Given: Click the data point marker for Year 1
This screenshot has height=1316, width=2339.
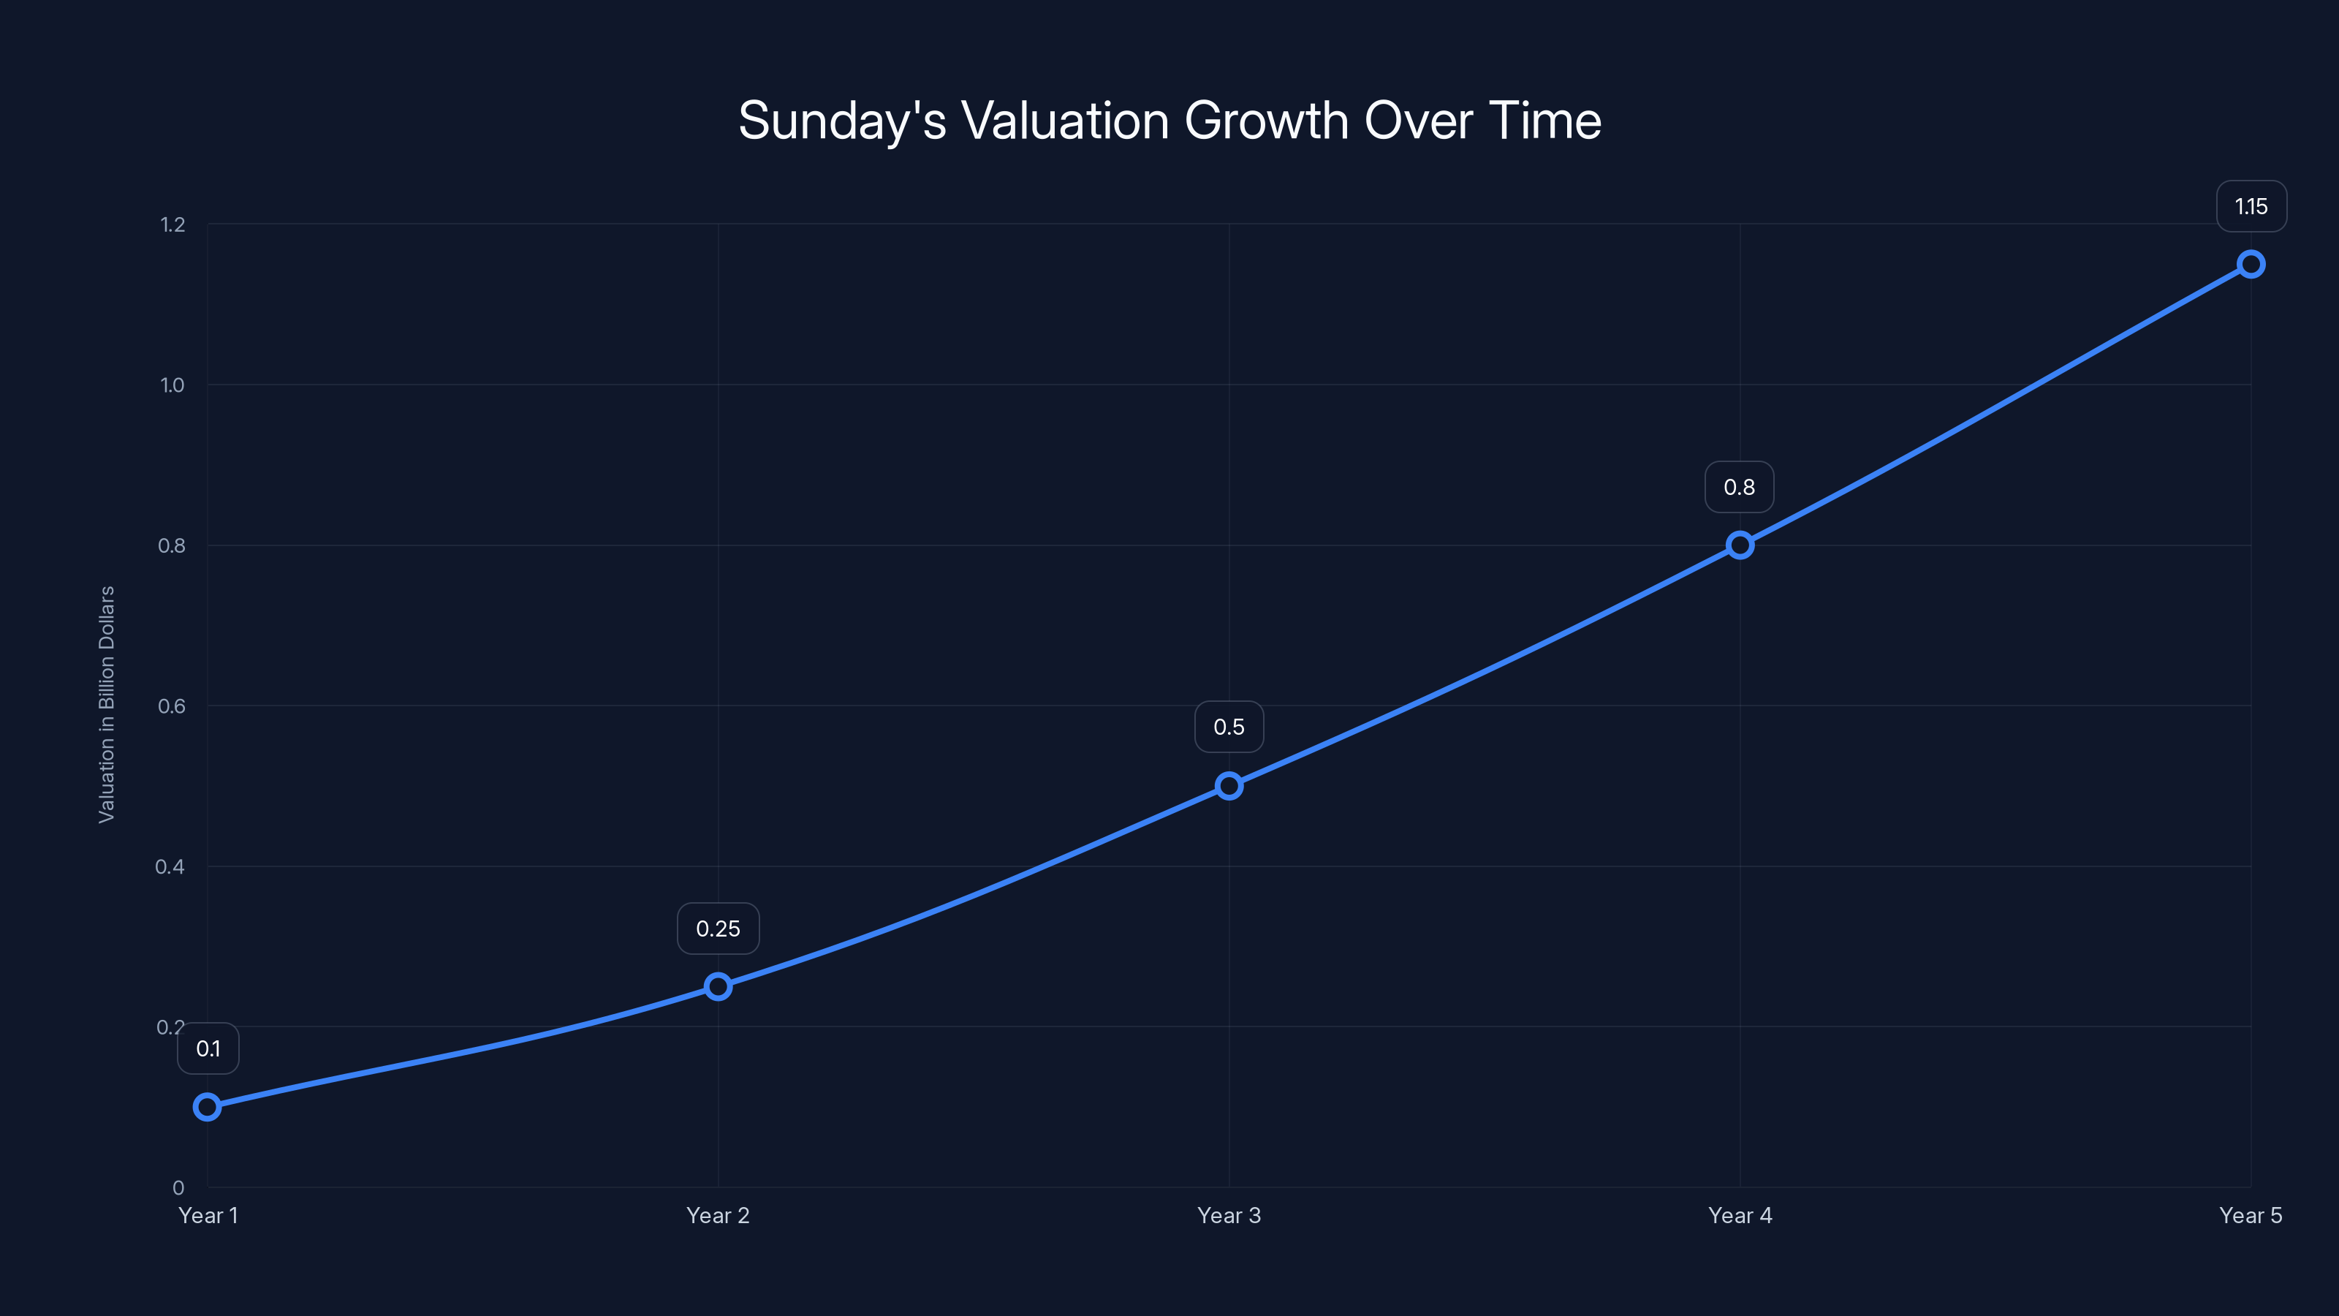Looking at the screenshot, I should (x=207, y=1106).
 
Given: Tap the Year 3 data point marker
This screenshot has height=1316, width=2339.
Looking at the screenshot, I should (x=1229, y=786).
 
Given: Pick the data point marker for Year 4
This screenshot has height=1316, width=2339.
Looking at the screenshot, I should (x=1740, y=545).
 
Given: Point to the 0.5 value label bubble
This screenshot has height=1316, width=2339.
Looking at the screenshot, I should (x=1229, y=727).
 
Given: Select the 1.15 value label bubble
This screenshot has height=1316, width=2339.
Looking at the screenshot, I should (x=2251, y=206).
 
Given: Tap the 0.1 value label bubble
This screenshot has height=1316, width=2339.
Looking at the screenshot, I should (x=208, y=1048).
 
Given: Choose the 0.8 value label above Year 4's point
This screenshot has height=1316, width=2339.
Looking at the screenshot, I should (x=1740, y=487).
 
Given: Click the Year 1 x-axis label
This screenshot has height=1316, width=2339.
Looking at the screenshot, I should (x=208, y=1215).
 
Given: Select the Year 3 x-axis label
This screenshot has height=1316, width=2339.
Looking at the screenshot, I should (x=1229, y=1215).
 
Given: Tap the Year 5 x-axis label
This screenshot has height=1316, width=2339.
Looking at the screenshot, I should (x=2250, y=1215).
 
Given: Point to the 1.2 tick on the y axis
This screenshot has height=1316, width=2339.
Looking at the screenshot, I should (x=173, y=224).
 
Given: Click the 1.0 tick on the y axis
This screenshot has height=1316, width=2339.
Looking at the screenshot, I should (x=173, y=385).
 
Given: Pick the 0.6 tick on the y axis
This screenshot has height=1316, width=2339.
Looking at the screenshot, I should (x=172, y=706).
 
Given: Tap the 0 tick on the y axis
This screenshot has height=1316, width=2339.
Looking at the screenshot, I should (x=178, y=1187).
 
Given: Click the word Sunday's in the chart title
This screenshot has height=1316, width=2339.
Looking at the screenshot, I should (x=842, y=120).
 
